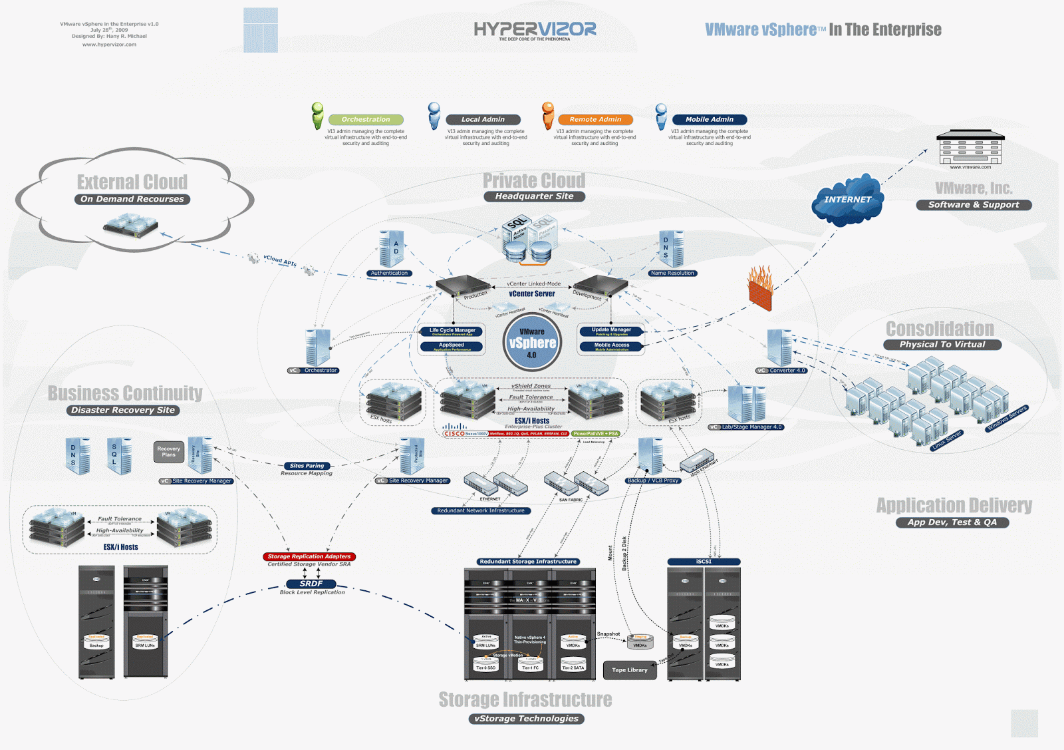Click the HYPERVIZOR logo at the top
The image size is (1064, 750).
(x=535, y=29)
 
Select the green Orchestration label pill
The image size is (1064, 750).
(x=366, y=120)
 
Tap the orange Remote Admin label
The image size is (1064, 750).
(x=595, y=120)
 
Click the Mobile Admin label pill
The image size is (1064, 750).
(x=710, y=120)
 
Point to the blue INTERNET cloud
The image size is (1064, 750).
(x=848, y=200)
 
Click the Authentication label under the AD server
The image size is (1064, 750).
(x=390, y=274)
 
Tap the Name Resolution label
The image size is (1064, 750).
(x=672, y=274)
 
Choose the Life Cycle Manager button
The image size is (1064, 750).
(x=452, y=331)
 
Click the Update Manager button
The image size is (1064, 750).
(x=611, y=330)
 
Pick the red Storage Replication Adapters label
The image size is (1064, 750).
(x=309, y=556)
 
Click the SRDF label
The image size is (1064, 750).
(x=311, y=584)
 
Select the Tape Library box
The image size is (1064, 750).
(x=629, y=670)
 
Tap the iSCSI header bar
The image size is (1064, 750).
(x=704, y=562)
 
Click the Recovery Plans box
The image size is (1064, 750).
(x=169, y=451)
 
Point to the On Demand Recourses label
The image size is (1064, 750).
(x=132, y=199)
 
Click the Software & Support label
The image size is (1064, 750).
(x=974, y=205)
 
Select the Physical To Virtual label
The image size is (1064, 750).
(x=942, y=345)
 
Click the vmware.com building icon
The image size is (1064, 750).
(x=970, y=148)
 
